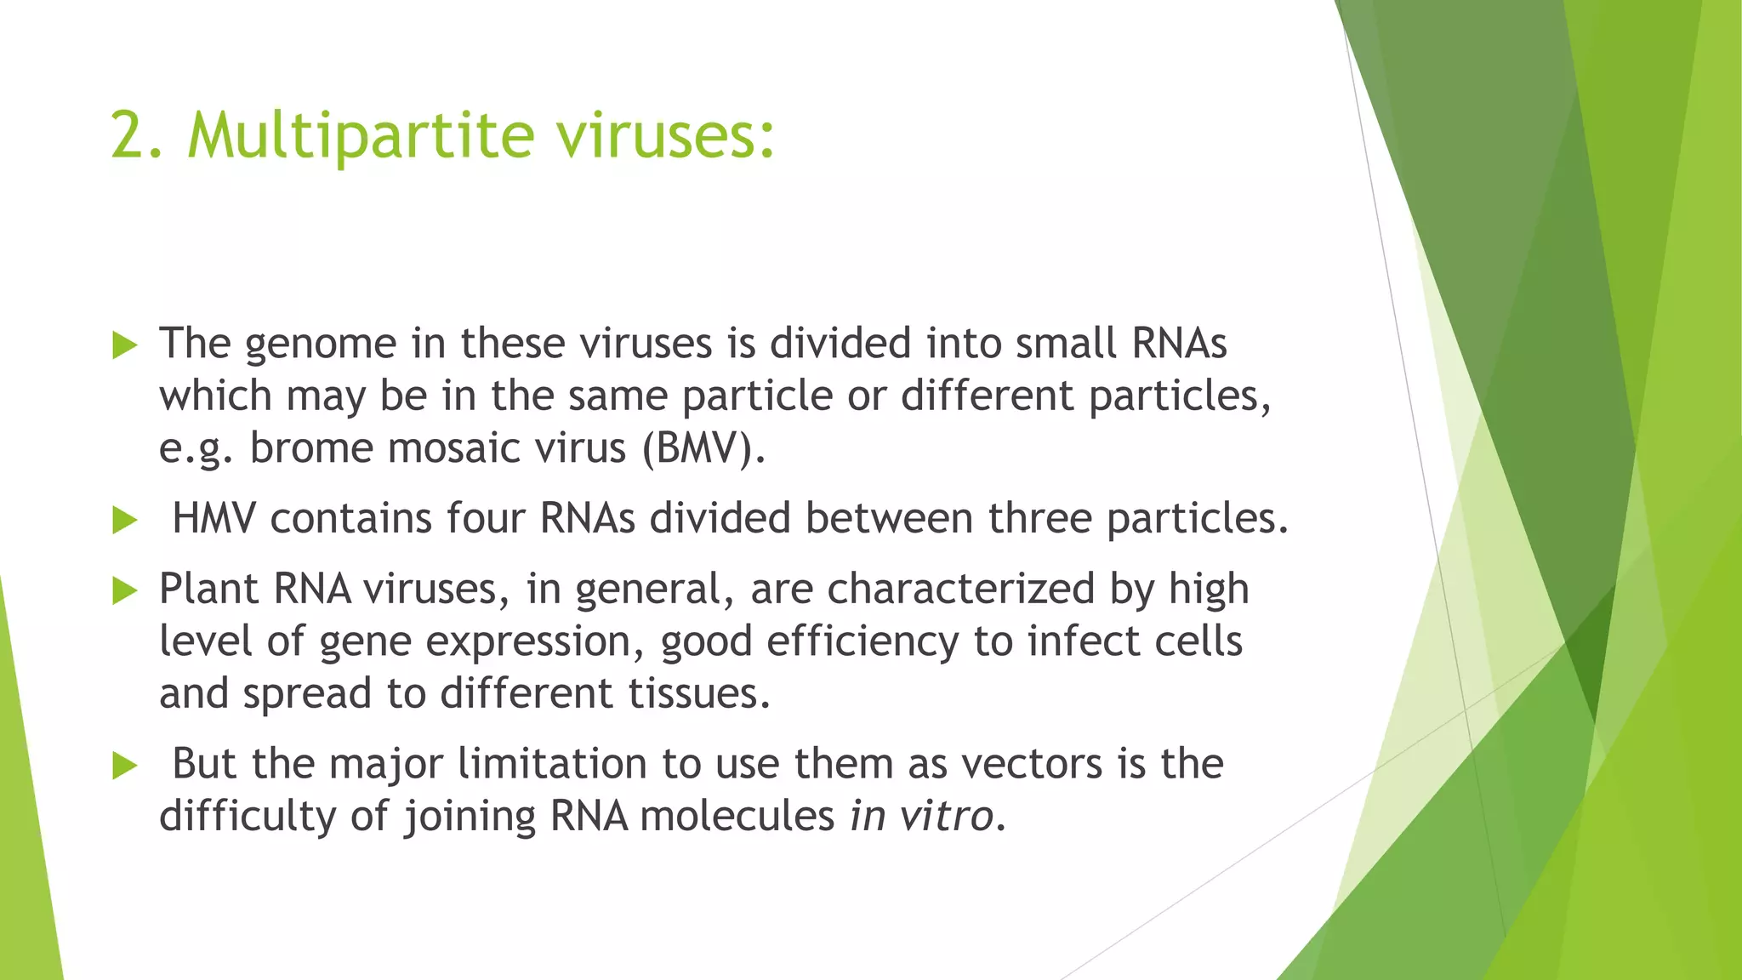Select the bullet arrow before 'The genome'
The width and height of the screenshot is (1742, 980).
coord(124,345)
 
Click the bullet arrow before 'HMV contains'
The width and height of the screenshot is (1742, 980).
coord(124,521)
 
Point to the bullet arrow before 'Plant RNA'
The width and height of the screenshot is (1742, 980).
coord(124,590)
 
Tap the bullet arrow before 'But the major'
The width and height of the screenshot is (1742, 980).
coord(124,766)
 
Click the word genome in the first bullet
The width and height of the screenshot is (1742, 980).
coord(321,345)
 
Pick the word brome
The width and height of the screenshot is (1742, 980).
coord(310,448)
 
